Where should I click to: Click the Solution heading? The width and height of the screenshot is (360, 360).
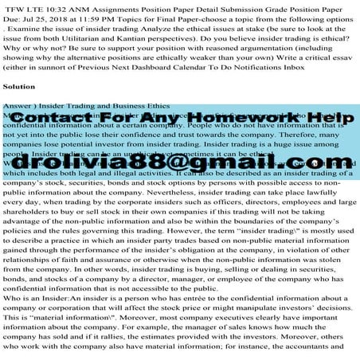click(19, 85)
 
